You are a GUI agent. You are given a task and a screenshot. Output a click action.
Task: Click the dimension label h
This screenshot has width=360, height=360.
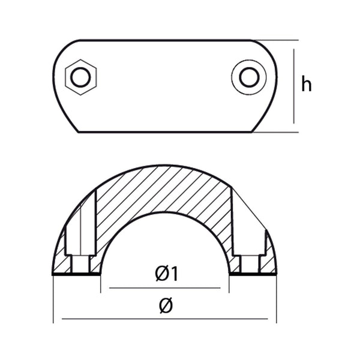tap(307, 85)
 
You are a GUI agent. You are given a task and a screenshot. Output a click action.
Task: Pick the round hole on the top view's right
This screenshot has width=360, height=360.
tap(248, 77)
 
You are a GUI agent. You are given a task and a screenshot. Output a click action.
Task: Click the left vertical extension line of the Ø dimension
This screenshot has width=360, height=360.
tap(53, 300)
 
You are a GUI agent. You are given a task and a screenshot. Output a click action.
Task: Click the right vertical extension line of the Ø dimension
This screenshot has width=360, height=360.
tap(277, 300)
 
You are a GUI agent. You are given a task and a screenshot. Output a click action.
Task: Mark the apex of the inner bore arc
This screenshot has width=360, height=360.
tap(165, 212)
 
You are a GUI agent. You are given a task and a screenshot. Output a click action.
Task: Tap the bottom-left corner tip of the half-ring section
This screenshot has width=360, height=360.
tap(54, 274)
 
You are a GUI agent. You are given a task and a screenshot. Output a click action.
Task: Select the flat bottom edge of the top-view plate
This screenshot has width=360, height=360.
tap(165, 132)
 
